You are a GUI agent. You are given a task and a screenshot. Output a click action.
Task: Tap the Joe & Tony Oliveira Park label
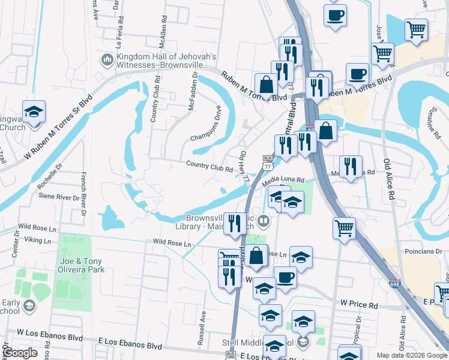[x=82, y=265]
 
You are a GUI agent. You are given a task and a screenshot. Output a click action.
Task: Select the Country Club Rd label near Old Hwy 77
[x=209, y=166]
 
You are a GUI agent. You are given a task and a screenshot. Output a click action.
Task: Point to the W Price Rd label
[x=359, y=305]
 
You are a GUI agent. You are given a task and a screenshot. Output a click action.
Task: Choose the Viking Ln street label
[x=37, y=240]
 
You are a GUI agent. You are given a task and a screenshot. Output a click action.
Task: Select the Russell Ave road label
[x=202, y=328]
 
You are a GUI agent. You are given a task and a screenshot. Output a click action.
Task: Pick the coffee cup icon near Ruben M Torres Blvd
[x=357, y=74]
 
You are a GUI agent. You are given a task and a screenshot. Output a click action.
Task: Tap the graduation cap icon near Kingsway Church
[x=34, y=111]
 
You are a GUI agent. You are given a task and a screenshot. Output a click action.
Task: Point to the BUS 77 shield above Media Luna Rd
[x=268, y=161]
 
